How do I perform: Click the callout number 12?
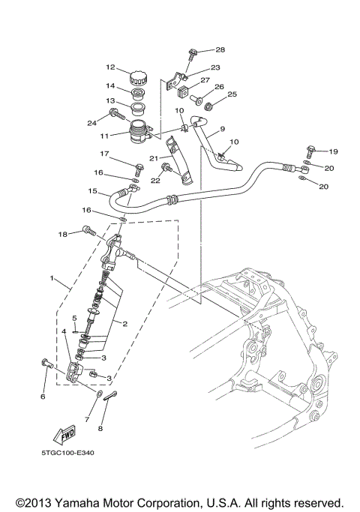(109, 67)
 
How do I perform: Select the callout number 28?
(220, 49)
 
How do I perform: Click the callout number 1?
(52, 278)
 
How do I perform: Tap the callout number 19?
(333, 151)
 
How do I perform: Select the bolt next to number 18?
(88, 233)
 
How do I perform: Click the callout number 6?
(43, 397)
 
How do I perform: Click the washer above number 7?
(100, 392)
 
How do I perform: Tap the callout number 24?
(93, 123)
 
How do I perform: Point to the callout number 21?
(151, 158)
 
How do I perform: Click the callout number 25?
(232, 94)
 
